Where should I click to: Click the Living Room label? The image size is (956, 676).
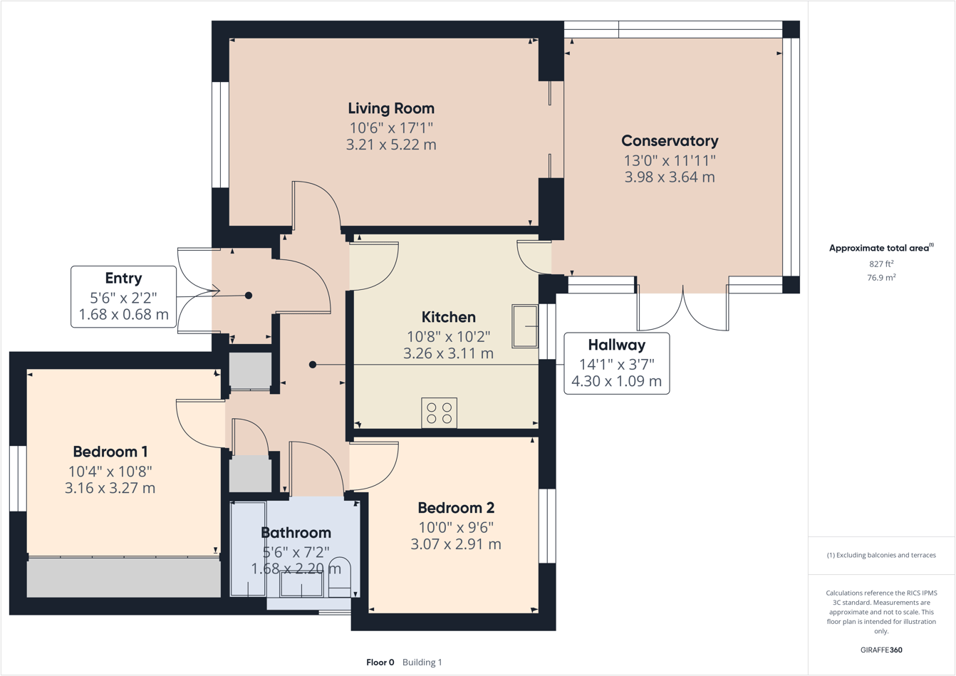click(x=390, y=108)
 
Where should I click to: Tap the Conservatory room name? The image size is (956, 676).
click(x=670, y=141)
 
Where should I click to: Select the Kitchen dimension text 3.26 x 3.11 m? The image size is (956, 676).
click(x=448, y=353)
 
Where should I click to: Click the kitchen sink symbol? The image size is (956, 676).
click(x=525, y=326)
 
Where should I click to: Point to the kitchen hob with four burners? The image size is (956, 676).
click(x=439, y=413)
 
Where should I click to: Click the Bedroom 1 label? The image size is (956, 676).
click(x=110, y=452)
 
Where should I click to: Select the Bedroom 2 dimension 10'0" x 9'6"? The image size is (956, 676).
click(x=456, y=527)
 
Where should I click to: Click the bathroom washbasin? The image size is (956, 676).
click(x=301, y=584)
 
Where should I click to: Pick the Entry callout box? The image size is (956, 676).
click(x=123, y=296)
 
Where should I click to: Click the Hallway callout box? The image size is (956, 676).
click(x=616, y=363)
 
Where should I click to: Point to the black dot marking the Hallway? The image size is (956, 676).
click(x=313, y=365)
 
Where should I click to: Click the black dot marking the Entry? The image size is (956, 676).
click(x=249, y=296)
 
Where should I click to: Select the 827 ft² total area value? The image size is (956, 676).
click(x=881, y=264)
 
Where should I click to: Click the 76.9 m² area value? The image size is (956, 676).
click(x=881, y=277)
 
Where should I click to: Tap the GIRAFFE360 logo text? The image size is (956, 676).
click(x=881, y=650)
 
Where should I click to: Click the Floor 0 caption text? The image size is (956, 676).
click(x=380, y=662)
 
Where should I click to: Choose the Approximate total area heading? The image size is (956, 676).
click(x=880, y=248)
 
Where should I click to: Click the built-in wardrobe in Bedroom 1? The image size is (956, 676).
click(x=123, y=577)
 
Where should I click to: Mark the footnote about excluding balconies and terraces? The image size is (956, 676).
click(x=881, y=555)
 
